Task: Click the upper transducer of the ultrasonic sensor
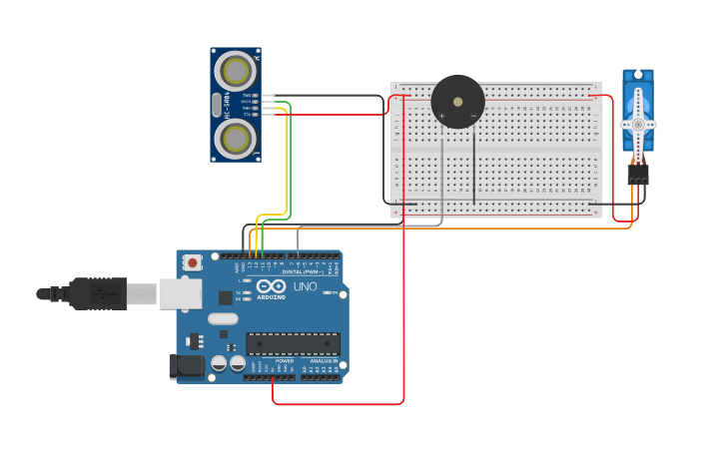(x=236, y=71)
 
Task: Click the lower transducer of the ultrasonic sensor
(x=236, y=139)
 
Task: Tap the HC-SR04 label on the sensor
(x=228, y=105)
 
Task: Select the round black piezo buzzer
(x=457, y=102)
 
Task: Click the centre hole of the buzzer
(x=458, y=101)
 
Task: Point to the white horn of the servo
(x=638, y=124)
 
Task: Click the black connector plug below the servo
(x=637, y=175)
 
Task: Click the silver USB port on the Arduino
(x=180, y=293)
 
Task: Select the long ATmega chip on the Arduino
(x=293, y=344)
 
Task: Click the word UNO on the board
(x=305, y=287)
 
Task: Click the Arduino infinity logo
(x=271, y=286)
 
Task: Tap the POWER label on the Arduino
(x=270, y=361)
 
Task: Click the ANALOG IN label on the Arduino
(x=322, y=361)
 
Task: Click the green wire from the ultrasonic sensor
(x=290, y=160)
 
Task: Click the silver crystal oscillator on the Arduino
(x=223, y=319)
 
